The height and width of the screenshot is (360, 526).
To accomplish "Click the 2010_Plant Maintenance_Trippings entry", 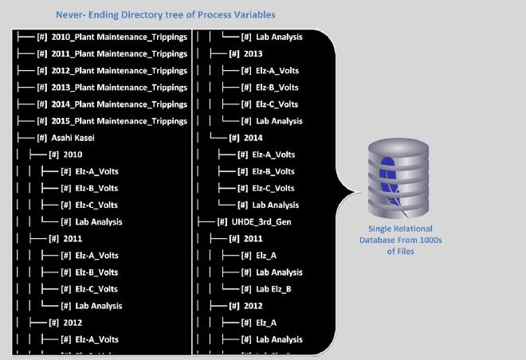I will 119,37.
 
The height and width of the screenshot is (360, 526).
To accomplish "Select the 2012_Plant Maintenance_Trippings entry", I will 119,71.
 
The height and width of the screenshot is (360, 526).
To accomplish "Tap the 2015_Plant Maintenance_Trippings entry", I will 119,121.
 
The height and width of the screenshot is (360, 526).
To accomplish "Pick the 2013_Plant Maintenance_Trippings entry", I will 119,88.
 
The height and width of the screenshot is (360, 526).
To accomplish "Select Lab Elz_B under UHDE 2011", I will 273,288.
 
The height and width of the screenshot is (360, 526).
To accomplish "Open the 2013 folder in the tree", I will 252,54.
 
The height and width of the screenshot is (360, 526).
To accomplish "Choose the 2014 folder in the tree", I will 252,138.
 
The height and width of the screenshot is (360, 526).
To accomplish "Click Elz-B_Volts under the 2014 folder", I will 273,171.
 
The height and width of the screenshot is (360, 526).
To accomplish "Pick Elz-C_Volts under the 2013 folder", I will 277,104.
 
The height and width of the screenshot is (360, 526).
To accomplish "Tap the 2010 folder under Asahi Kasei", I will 73,155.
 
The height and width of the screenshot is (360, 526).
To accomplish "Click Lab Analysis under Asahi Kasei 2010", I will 98,221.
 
